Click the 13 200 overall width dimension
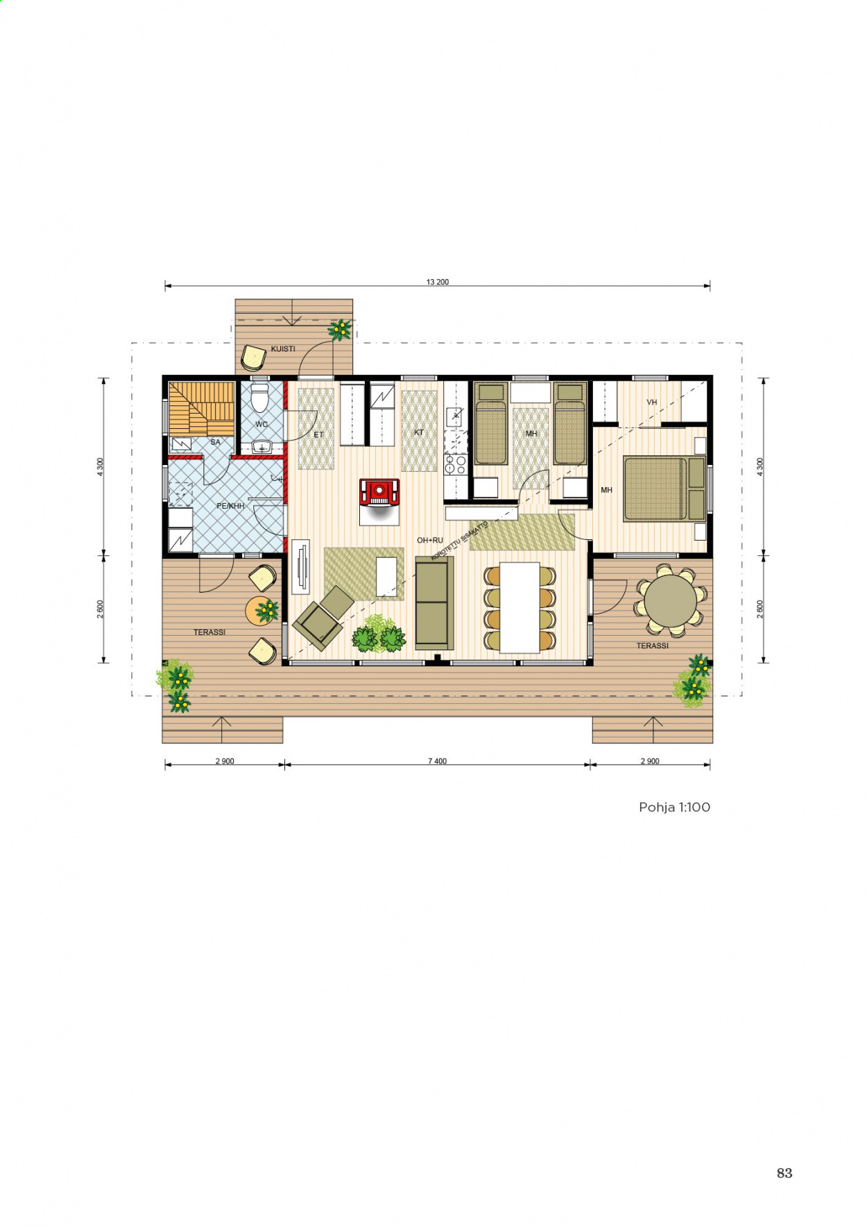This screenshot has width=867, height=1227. [438, 282]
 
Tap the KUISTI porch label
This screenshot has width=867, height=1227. [283, 348]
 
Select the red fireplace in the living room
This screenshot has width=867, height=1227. [379, 492]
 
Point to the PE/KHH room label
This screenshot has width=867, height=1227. [230, 506]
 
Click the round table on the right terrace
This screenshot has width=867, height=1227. [670, 601]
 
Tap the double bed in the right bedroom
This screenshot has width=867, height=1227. [665, 489]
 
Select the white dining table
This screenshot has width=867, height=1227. [520, 607]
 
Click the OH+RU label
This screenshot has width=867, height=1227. [429, 540]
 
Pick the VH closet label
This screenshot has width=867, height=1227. [651, 402]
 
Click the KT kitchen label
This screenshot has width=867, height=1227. [418, 432]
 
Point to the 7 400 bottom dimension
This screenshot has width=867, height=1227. [437, 761]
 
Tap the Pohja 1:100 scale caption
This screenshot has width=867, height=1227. [674, 807]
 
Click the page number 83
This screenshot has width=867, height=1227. [784, 1173]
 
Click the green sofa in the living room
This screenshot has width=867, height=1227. [434, 602]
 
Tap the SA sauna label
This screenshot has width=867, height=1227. [215, 442]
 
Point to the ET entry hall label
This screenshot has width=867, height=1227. [318, 434]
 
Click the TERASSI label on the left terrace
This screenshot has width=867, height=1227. [209, 632]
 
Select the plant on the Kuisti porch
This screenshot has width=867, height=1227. [340, 330]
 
